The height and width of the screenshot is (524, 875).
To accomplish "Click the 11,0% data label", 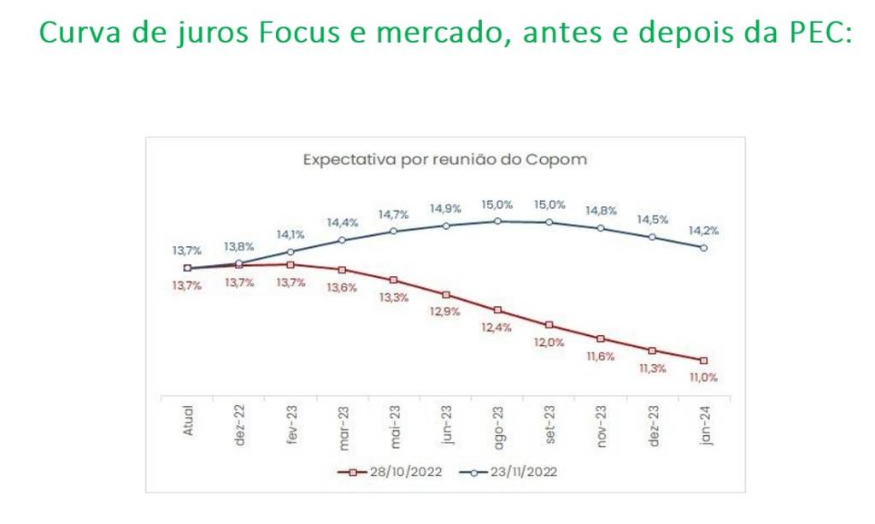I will (703, 376).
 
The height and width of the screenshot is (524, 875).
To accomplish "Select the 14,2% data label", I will (703, 231).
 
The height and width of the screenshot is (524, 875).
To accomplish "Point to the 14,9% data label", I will (446, 209).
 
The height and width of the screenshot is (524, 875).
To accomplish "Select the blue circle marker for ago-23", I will (497, 221).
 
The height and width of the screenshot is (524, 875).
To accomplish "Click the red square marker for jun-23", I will (446, 294).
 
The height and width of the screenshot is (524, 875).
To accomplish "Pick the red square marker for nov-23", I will (601, 339).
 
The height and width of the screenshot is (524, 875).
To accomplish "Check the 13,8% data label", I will (239, 246).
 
